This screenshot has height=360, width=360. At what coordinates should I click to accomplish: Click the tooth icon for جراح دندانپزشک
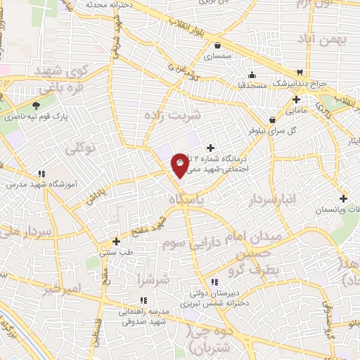(x=300, y=72)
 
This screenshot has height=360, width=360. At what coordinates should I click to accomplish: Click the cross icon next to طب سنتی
(x=116, y=240)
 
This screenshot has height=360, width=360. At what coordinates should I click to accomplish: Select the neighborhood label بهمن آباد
(x=323, y=39)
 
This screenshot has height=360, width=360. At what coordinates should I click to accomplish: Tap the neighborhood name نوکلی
(x=79, y=148)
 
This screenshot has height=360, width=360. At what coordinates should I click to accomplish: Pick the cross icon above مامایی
(x=296, y=99)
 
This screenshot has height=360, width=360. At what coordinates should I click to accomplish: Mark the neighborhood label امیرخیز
(x=63, y=288)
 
